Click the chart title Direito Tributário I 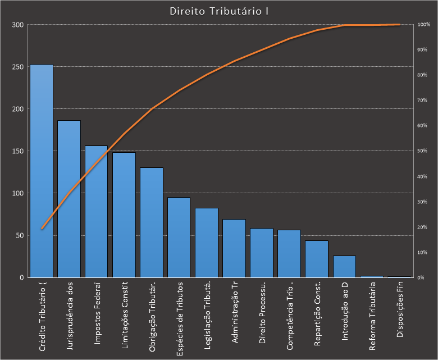point(218,11)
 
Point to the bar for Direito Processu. point(262,253)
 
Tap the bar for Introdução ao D point(344,267)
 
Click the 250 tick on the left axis point(18,67)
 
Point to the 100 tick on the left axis point(18,193)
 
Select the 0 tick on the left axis point(21,277)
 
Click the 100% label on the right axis point(423,25)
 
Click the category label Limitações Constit point(125,316)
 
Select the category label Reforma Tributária point(372,318)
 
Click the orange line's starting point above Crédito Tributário point(42,229)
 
